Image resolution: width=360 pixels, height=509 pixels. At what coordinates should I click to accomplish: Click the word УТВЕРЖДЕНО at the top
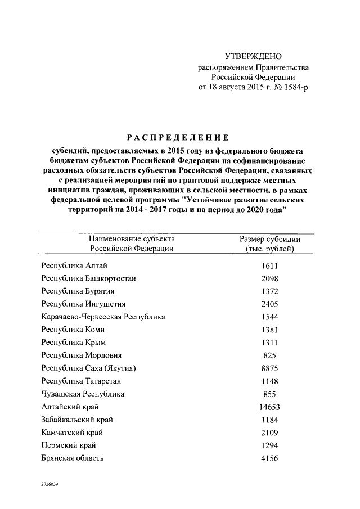pos(253,56)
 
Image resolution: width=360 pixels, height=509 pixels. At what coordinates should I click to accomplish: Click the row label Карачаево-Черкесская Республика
pos(103,317)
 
